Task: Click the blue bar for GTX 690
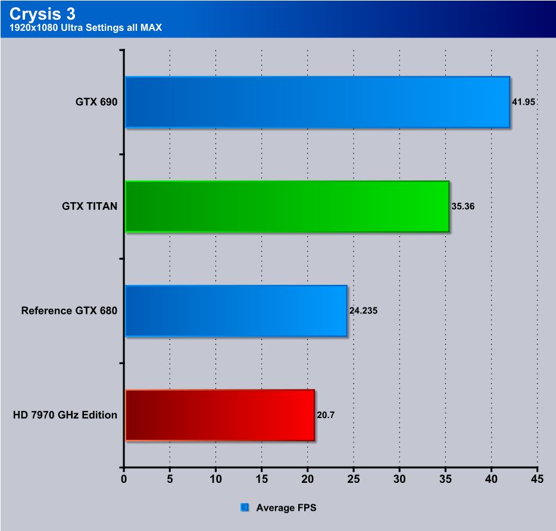(x=317, y=102)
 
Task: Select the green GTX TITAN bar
(x=287, y=206)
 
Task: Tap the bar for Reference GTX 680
(x=236, y=310)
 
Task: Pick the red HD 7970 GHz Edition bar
(x=220, y=415)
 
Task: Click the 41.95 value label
(x=524, y=102)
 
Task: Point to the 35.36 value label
(x=464, y=207)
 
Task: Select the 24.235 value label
(x=363, y=311)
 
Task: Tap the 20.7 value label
(x=326, y=415)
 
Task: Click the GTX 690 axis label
(x=96, y=102)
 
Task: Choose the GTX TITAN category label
(x=89, y=206)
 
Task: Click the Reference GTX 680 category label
(x=69, y=310)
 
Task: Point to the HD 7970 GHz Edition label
(x=65, y=415)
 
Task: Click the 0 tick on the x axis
(x=124, y=478)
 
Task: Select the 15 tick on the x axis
(x=261, y=478)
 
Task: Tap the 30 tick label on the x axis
(x=399, y=478)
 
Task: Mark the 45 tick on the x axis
(x=537, y=478)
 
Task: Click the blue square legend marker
(x=244, y=508)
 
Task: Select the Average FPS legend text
(x=286, y=508)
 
